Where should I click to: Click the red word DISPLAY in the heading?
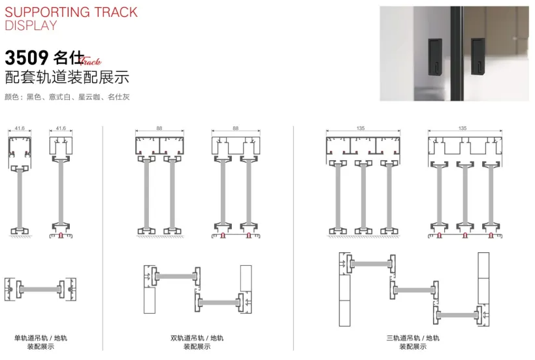tap(31, 25)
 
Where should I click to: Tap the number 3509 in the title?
tap(27, 57)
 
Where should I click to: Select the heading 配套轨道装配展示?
tap(67, 77)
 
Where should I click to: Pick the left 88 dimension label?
tap(159, 129)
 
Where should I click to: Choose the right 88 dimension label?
tap(235, 129)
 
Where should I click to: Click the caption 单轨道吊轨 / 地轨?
tap(41, 338)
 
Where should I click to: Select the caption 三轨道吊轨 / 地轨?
tap(413, 338)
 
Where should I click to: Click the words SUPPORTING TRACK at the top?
tap(71, 12)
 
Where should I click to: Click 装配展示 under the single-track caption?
tap(41, 347)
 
